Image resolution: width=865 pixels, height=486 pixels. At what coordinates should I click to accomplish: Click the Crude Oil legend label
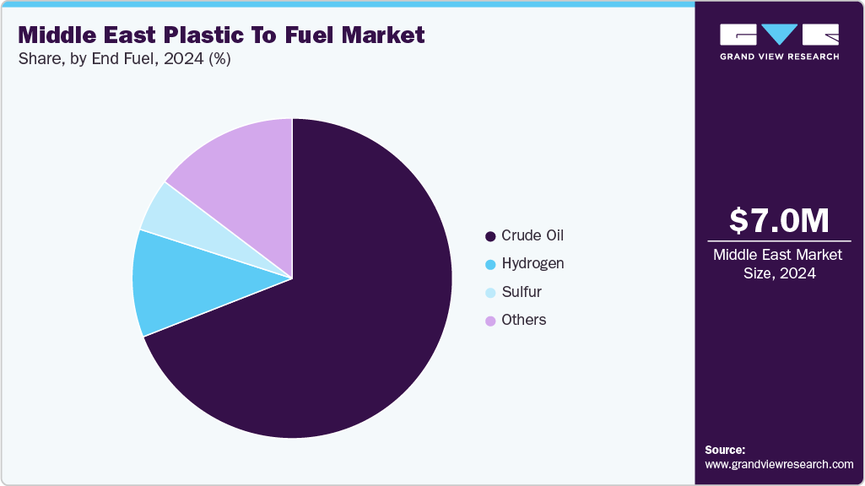[x=532, y=235]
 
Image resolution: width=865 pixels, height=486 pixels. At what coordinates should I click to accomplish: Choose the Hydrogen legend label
[x=533, y=263]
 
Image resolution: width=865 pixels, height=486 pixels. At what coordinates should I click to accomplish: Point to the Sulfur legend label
[x=522, y=292]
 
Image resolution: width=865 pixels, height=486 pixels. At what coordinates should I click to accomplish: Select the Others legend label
[x=523, y=320]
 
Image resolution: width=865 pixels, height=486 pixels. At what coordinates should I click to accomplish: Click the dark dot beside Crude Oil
[x=489, y=236]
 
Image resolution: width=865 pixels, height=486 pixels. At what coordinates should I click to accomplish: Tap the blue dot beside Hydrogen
[x=489, y=264]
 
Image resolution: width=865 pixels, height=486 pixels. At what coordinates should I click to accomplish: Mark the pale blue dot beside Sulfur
[x=489, y=293]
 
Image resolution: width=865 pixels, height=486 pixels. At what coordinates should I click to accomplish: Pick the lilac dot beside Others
[x=489, y=321]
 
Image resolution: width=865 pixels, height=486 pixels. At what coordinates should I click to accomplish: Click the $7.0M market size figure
[x=779, y=220]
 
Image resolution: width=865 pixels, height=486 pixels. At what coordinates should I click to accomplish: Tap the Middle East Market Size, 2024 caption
[x=779, y=264]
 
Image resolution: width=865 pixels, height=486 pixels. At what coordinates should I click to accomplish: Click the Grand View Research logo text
[x=779, y=57]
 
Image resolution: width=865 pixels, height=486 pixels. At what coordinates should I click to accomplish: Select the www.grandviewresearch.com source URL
[x=779, y=465]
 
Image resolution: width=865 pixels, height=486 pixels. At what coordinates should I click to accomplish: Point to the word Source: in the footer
[x=725, y=450]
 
